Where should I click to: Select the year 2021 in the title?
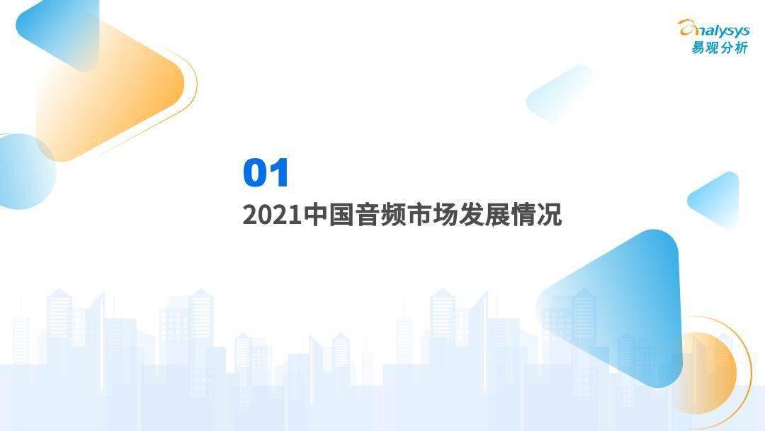[x=272, y=216]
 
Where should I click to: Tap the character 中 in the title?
[x=315, y=215]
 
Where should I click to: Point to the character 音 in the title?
[x=367, y=215]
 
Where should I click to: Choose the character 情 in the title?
[x=523, y=215]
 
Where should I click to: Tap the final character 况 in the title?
[x=550, y=215]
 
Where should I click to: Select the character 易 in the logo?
[x=698, y=47]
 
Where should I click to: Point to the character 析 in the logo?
[x=741, y=47]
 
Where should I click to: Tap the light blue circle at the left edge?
[x=24, y=172]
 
